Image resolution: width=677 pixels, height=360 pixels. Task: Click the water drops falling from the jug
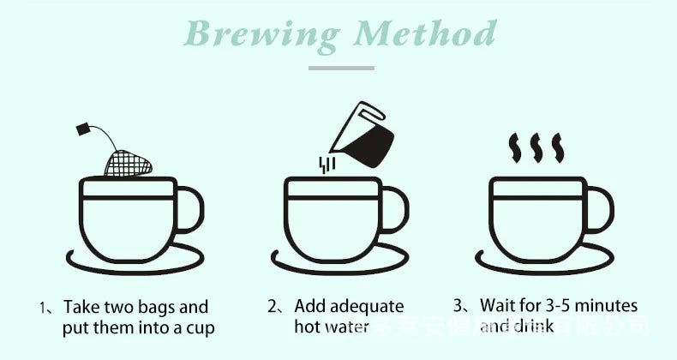[325, 164]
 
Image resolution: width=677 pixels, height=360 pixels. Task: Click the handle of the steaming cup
[602, 210]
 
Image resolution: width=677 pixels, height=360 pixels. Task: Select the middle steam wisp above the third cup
[535, 147]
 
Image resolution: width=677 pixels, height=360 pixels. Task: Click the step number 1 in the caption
[43, 307]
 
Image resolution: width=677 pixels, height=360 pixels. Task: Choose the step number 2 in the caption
[272, 306]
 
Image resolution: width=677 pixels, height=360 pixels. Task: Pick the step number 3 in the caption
[458, 306]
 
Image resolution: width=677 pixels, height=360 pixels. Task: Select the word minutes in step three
[608, 306]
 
